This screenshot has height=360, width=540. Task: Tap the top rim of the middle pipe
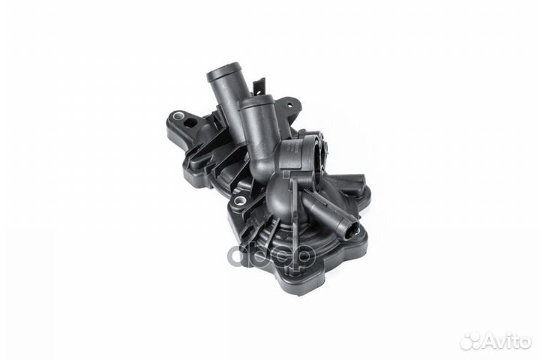tap(256, 103)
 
